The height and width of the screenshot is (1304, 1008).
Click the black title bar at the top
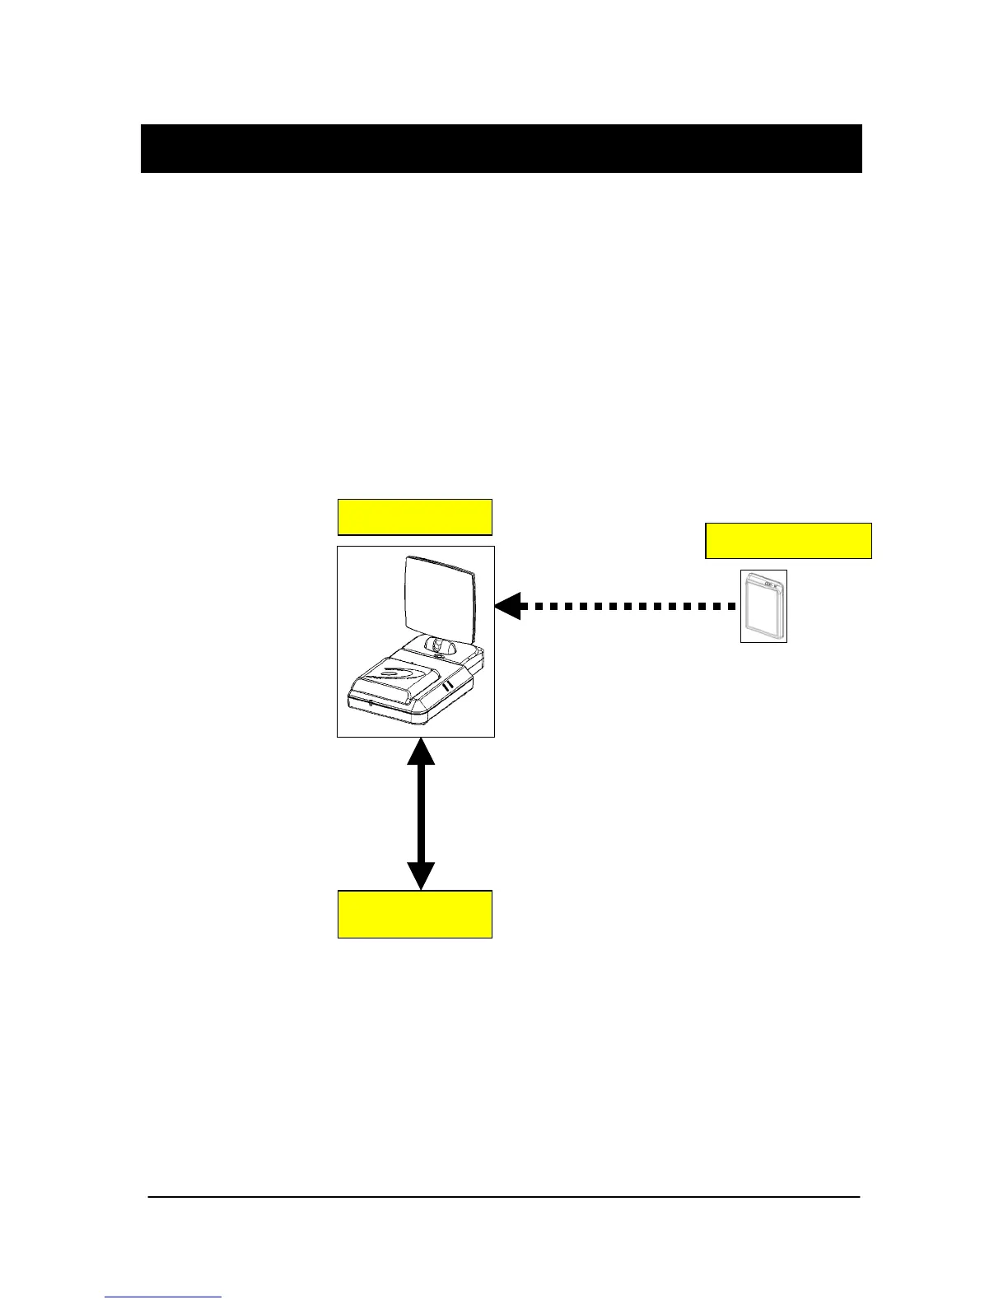pos(501,149)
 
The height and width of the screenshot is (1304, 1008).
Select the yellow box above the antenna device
pos(415,517)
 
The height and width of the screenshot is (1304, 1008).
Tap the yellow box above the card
pos(788,541)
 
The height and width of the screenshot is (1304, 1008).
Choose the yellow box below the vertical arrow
pos(415,914)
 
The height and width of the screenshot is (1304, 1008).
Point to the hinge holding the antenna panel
pos(443,647)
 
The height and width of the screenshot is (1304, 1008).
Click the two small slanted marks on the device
pos(447,686)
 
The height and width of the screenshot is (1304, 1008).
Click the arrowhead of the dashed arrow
pos(508,606)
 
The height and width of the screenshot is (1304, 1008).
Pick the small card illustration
pos(763,606)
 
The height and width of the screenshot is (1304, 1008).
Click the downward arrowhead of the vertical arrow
pos(421,874)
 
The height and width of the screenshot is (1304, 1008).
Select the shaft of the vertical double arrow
pos(421,813)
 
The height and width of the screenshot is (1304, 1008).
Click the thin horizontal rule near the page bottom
pos(503,1196)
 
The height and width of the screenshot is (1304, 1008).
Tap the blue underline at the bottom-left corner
pos(163,1297)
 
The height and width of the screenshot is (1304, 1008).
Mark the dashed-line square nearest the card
pos(730,606)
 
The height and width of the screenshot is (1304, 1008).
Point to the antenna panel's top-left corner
pos(409,559)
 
